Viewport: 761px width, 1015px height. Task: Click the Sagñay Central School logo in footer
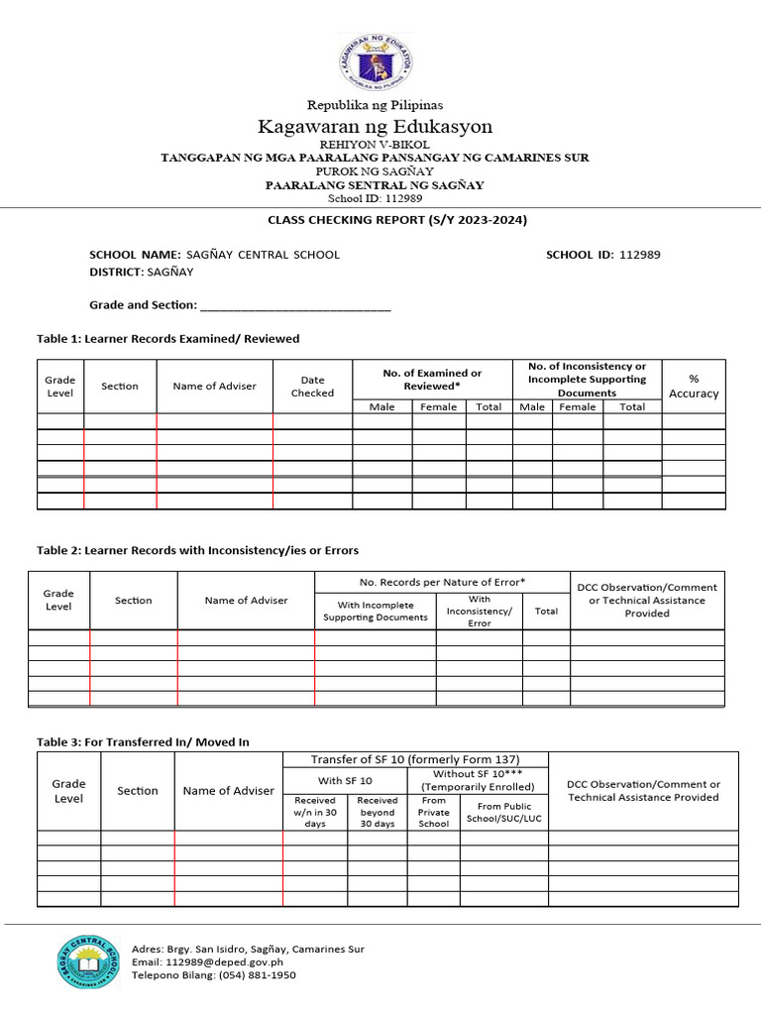point(89,961)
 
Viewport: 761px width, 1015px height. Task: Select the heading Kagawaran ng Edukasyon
point(375,126)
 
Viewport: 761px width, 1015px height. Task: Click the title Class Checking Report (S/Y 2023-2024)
point(397,220)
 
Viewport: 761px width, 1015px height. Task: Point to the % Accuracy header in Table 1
point(694,386)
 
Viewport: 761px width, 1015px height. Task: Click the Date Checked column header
point(312,386)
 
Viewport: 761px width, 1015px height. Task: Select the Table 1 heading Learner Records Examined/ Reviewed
point(167,339)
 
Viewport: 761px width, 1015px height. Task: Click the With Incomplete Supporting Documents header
point(376,611)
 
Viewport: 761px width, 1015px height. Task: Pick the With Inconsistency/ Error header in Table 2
point(479,611)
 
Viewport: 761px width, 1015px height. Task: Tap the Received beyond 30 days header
point(377,812)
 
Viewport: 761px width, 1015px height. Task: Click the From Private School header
point(433,812)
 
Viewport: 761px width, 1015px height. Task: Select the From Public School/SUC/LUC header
point(503,812)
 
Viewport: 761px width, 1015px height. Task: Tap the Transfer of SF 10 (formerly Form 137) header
point(415,759)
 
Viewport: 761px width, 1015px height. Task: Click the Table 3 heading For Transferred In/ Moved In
point(143,741)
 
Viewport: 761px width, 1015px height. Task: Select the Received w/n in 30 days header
point(315,812)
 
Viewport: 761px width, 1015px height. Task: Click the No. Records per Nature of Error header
point(442,582)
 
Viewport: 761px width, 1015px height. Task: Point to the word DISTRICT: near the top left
point(116,271)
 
